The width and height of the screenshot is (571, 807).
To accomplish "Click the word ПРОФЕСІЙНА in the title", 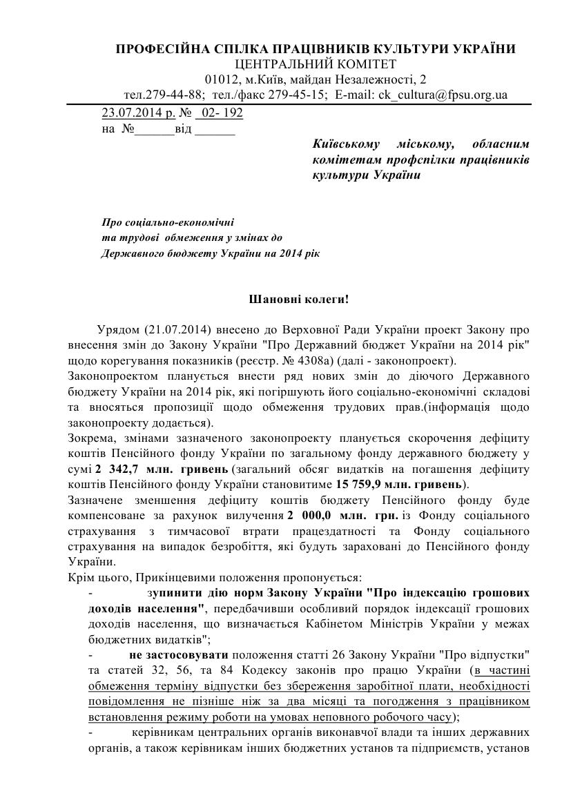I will (156, 49).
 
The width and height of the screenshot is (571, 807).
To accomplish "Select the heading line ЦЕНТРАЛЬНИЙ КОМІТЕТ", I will (316, 64).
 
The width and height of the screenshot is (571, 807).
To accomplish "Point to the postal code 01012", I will (221, 79).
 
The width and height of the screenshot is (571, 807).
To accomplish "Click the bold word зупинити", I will (173, 592).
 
